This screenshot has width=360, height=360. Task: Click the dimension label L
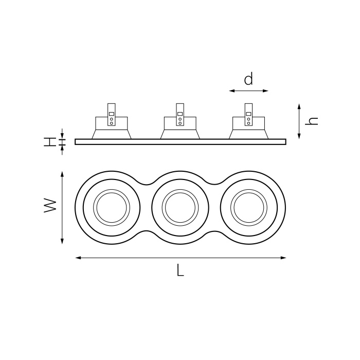[x=180, y=271]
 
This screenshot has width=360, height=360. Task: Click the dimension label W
[x=50, y=207]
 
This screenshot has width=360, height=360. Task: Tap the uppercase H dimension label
[x=49, y=141]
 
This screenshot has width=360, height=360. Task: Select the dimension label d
[x=248, y=79]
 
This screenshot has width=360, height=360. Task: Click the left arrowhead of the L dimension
[x=78, y=258]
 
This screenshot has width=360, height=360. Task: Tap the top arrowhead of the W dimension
[x=62, y=174]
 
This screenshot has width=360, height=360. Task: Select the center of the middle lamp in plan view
[x=180, y=207]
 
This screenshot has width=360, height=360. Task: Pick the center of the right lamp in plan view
[x=248, y=207]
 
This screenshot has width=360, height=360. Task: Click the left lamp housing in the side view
[x=112, y=129]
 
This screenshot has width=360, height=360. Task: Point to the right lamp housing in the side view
[x=248, y=129]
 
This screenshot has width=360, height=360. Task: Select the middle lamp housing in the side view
[x=180, y=129]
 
